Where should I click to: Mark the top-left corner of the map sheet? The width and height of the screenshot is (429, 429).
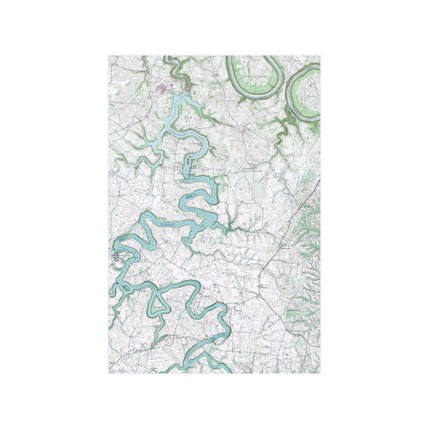[x=109, y=56]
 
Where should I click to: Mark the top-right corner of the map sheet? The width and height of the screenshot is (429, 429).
[x=320, y=56]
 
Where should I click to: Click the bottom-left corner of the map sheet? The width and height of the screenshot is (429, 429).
[x=109, y=373]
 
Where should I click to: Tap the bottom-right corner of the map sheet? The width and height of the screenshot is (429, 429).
[x=320, y=373]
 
